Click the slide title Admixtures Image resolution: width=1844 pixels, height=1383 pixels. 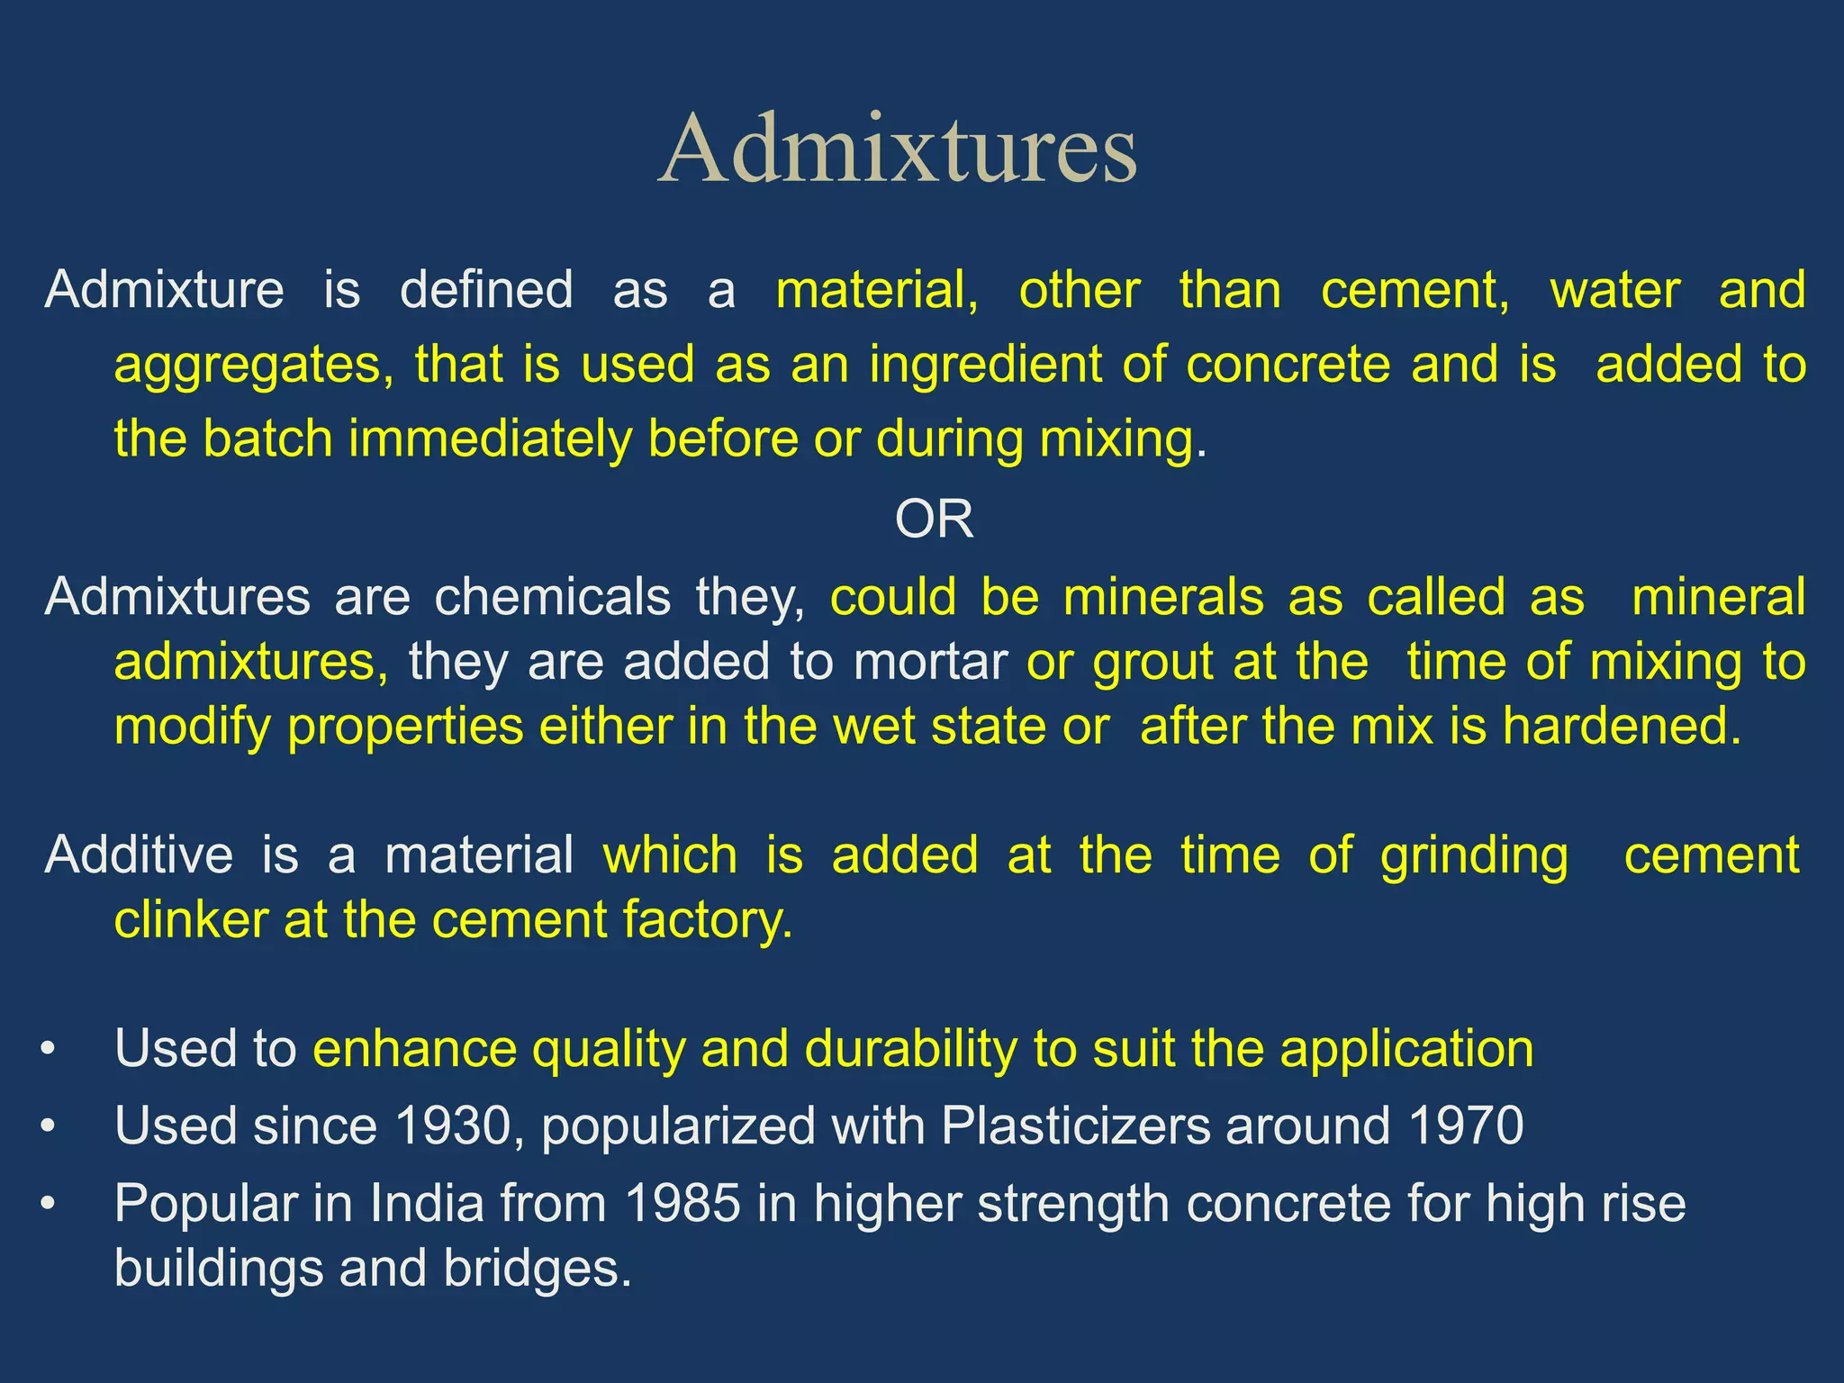tap(898, 149)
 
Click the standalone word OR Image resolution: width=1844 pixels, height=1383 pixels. tap(934, 520)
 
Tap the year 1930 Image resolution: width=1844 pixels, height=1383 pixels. tap(453, 1125)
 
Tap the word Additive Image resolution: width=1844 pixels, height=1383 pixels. tap(139, 854)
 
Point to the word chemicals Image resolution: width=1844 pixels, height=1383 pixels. tap(552, 597)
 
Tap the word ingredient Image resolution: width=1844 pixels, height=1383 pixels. tap(985, 365)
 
